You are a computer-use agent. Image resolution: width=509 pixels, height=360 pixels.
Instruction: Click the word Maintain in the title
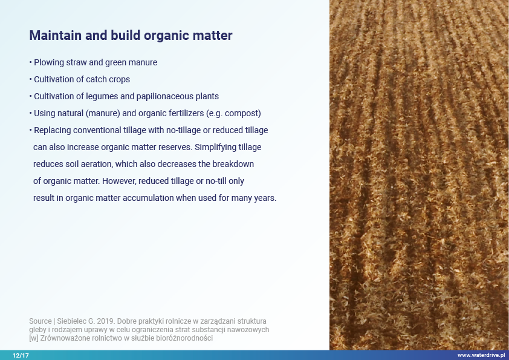point(56,36)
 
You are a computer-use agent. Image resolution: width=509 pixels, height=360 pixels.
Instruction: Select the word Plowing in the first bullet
point(49,62)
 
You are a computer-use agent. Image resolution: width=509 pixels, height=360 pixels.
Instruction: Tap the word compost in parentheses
point(242,113)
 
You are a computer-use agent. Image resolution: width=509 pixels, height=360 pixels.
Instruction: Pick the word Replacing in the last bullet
point(52,130)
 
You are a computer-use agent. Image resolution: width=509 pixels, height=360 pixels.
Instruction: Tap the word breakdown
point(233,164)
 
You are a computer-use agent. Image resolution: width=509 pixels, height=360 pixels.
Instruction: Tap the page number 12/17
point(21,355)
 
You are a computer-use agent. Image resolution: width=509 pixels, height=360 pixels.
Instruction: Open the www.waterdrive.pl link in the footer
point(481,355)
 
